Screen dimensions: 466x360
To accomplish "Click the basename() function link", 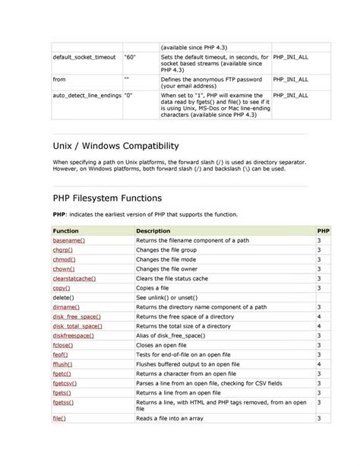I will click(68, 239).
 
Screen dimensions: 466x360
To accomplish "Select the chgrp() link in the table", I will click(63, 249).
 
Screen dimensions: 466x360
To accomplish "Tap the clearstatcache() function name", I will click(74, 278).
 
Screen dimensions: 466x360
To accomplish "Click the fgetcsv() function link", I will click(66, 383).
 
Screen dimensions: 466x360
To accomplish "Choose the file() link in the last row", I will click(59, 418).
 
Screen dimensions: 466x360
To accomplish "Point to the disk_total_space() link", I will click(77, 325).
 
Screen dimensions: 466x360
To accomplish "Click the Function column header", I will click(66, 230).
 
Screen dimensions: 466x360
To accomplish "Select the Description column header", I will click(153, 230).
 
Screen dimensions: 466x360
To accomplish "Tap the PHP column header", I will click(323, 230).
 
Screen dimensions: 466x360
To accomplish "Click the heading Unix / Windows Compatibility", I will click(125, 145).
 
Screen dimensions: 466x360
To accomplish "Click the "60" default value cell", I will click(130, 57).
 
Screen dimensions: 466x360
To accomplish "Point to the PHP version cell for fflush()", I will click(319, 364).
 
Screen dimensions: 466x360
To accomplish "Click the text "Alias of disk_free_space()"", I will click(171, 335).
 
